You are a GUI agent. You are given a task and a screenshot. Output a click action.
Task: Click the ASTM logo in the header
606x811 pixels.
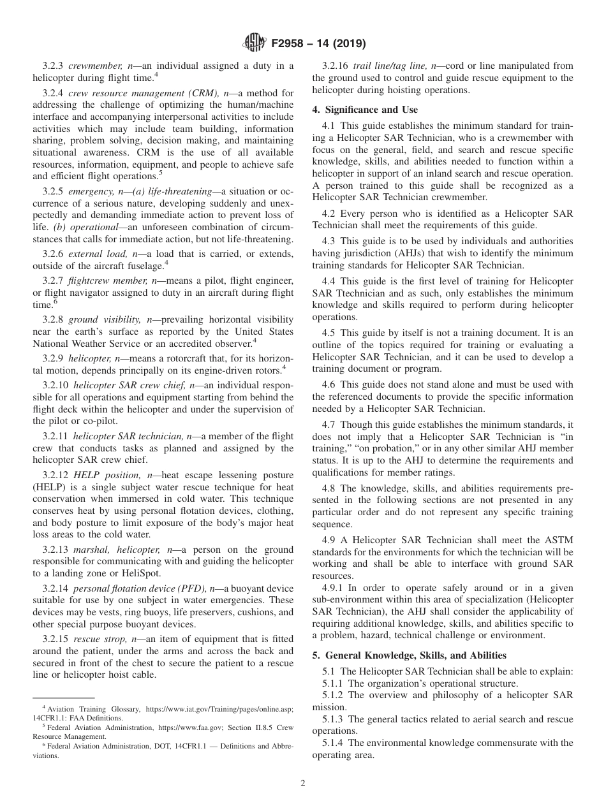(x=255, y=43)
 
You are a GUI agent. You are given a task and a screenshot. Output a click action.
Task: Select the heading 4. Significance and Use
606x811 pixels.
(x=365, y=110)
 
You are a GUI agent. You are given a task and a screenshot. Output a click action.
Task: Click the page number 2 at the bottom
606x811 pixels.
(x=303, y=784)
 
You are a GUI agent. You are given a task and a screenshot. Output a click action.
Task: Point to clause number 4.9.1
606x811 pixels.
(x=335, y=587)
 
